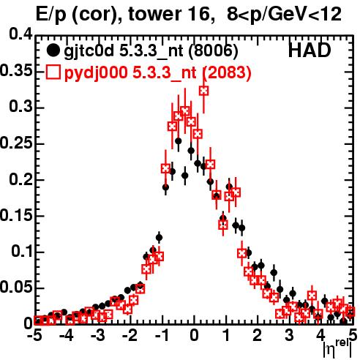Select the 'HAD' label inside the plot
tap(310, 50)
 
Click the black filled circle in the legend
tap(53, 50)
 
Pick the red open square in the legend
tap(53, 72)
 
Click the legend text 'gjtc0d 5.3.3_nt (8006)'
tap(151, 51)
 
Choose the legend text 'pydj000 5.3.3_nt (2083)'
tap(157, 73)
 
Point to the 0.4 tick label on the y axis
tap(20, 34)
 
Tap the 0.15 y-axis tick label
tap(16, 215)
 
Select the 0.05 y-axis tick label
tap(16, 288)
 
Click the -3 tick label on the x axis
tap(98, 336)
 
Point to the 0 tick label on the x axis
tap(194, 336)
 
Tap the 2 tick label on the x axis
tap(258, 336)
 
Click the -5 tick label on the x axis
tap(35, 336)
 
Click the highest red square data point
tap(204, 91)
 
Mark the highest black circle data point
tap(179, 140)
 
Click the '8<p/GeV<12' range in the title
tap(284, 15)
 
